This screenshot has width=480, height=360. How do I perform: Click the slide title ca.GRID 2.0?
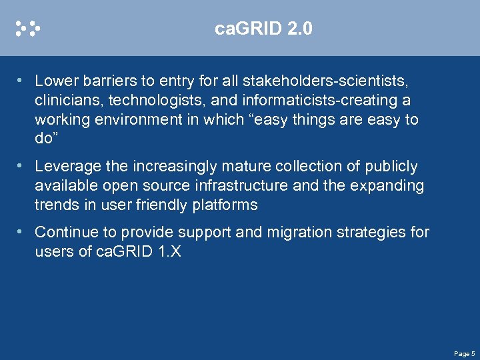point(263,29)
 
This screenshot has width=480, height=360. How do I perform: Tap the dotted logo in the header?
point(28,28)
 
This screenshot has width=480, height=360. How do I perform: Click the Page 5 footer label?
point(464,353)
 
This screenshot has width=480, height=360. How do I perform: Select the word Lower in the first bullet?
point(56,81)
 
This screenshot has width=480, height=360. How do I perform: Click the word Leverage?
point(67,166)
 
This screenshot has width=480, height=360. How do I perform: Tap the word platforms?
point(225,205)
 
